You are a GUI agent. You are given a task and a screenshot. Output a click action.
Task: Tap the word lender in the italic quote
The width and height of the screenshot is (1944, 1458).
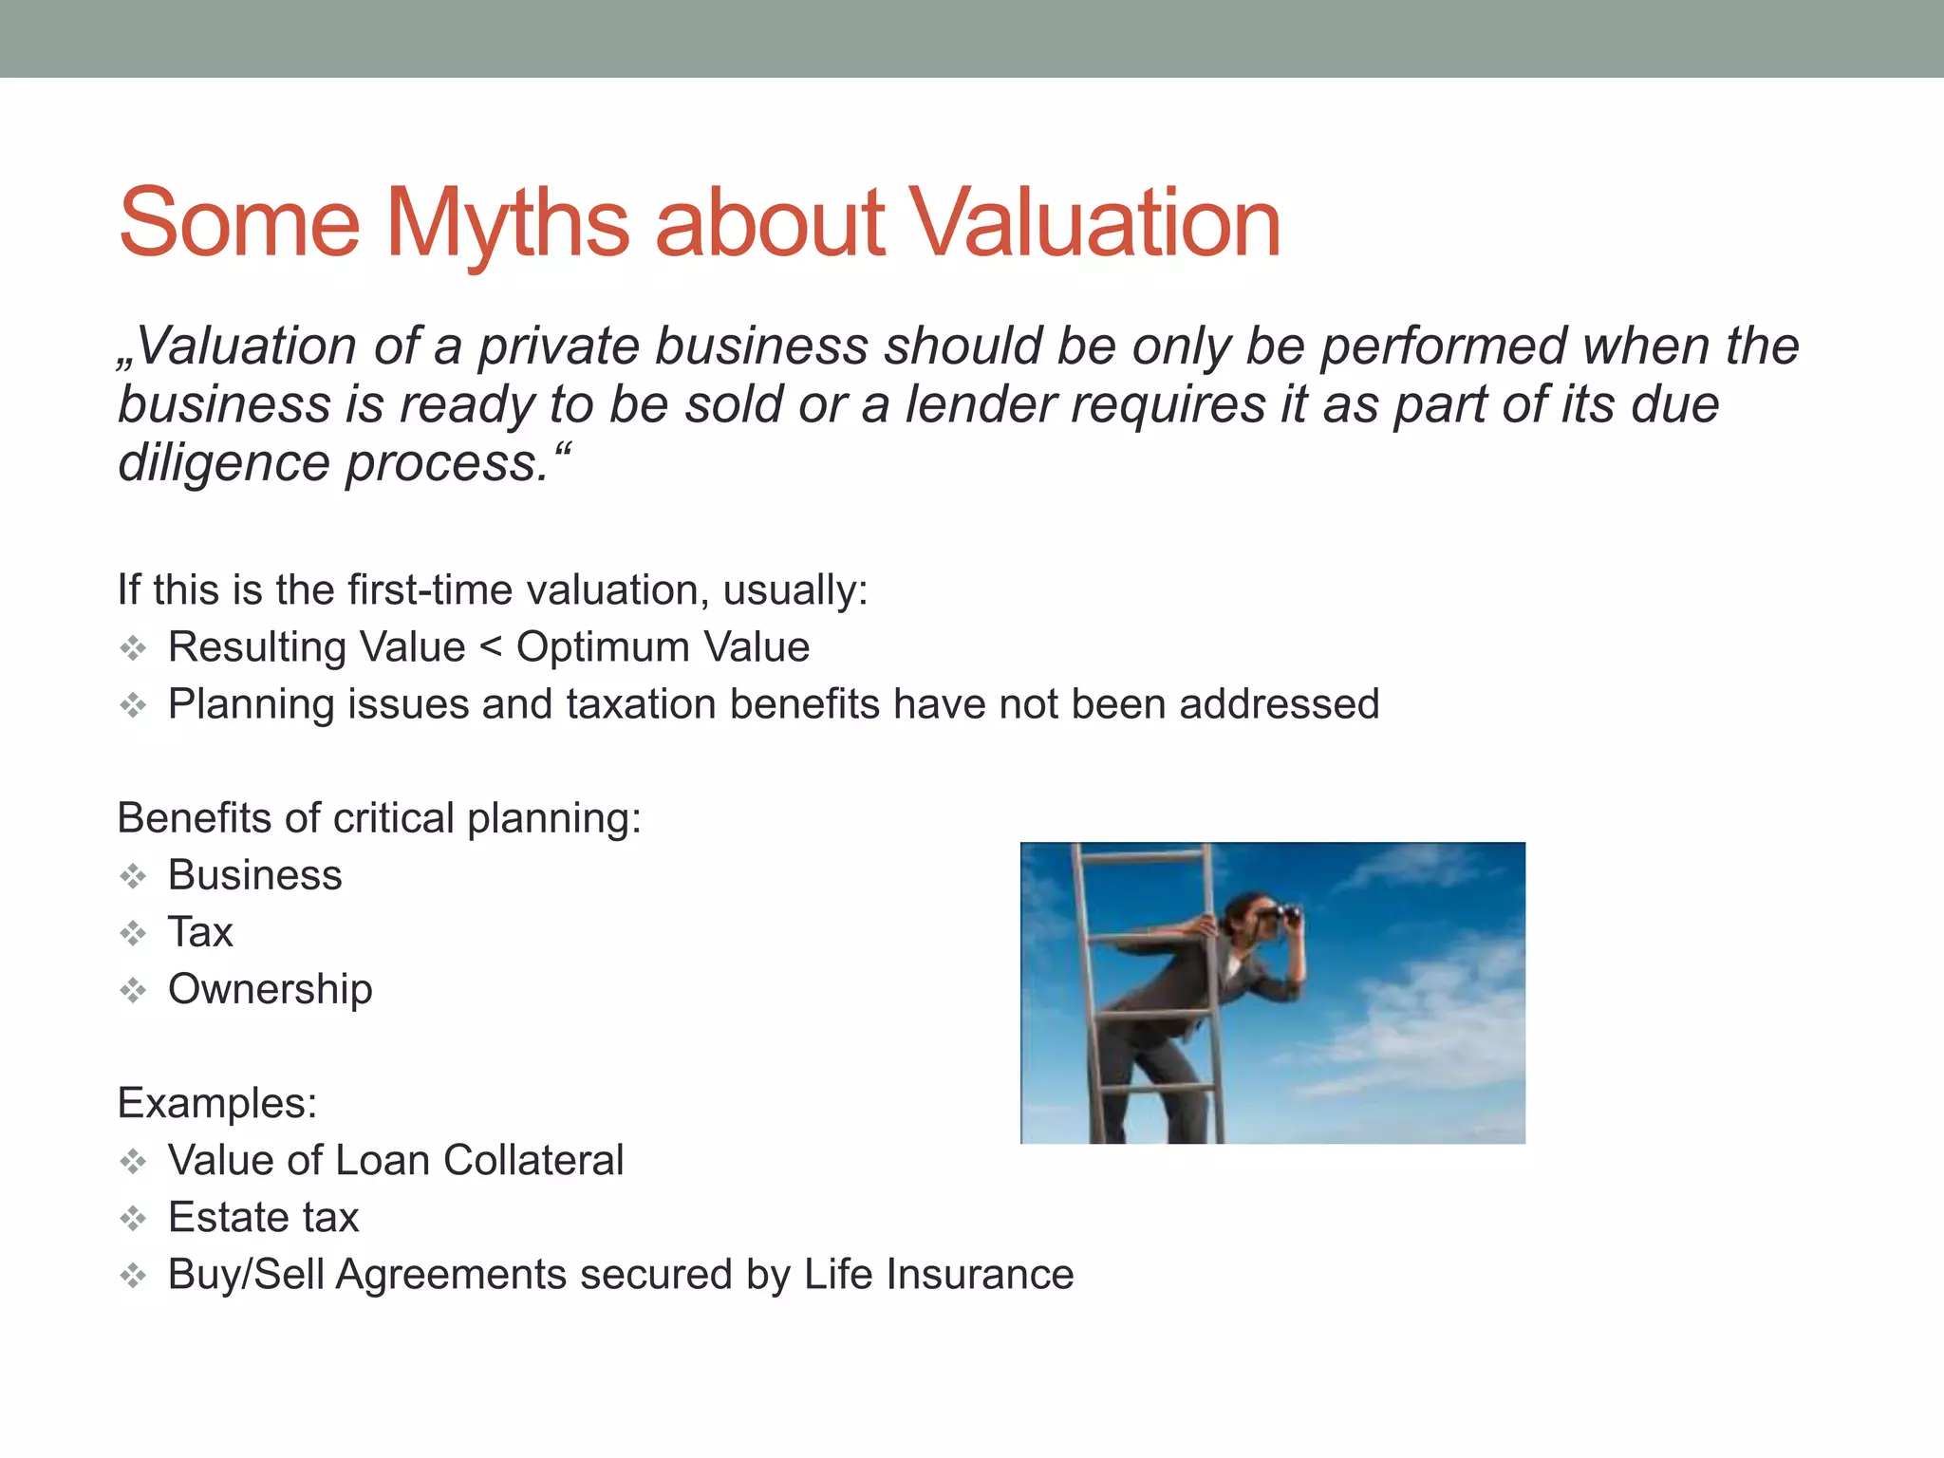[979, 404]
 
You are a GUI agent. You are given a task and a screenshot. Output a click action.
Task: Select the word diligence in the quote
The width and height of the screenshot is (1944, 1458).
[223, 463]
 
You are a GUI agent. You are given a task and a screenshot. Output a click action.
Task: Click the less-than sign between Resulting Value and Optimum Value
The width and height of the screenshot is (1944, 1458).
[491, 647]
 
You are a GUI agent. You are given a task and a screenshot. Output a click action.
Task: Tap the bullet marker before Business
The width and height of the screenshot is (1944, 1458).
[133, 875]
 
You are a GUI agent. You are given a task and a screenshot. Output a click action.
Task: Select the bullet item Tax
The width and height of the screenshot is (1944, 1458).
[200, 932]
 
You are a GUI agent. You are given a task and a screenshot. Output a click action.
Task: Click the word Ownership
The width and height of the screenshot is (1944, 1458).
[270, 989]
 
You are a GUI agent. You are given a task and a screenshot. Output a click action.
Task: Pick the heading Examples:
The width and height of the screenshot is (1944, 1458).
[217, 1103]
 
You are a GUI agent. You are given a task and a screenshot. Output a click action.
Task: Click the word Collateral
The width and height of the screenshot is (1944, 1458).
[533, 1160]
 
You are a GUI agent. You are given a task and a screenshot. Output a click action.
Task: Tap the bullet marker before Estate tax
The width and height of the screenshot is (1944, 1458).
[133, 1218]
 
